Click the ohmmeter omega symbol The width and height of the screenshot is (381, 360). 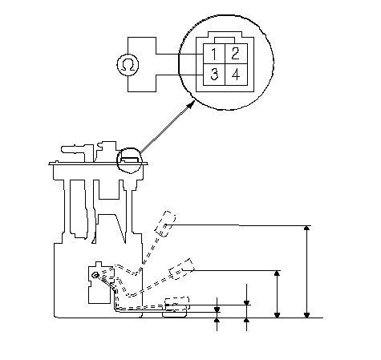(128, 65)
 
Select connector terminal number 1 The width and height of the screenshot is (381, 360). (214, 54)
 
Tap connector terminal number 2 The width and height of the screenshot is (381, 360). (236, 54)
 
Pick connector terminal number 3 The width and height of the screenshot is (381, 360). (214, 75)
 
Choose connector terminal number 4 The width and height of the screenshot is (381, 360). (236, 75)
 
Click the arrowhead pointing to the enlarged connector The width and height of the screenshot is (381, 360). (190, 105)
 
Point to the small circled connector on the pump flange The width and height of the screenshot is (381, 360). (129, 160)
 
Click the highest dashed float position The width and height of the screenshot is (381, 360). (165, 224)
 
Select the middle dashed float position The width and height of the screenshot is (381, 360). (181, 269)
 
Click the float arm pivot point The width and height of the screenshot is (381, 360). (95, 275)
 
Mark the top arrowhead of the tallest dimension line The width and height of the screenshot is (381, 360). (307, 228)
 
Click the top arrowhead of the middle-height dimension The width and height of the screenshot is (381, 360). (278, 273)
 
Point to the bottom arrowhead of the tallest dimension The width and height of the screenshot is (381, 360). (307, 315)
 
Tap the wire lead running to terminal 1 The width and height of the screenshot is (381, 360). (180, 54)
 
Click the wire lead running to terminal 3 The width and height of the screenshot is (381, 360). (180, 75)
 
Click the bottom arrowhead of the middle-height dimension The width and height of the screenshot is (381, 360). (278, 315)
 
